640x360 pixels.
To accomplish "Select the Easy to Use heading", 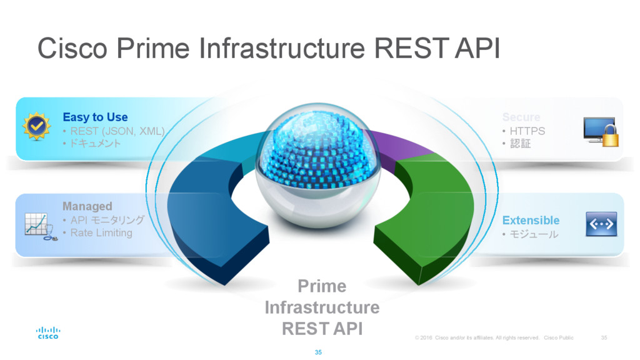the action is point(95,117).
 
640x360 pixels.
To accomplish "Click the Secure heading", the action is point(521,117).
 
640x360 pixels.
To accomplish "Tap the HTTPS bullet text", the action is point(527,131).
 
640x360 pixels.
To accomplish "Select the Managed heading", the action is point(87,206).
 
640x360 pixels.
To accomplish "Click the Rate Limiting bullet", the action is point(101,233).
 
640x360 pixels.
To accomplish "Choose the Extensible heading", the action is point(531,220).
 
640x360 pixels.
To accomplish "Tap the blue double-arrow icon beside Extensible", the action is point(601,224).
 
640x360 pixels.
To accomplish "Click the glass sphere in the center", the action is point(317,166).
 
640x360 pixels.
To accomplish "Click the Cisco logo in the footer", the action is point(47,332).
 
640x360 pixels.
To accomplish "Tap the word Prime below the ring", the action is point(322,286).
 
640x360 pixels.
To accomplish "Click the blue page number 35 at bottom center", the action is point(318,353).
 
